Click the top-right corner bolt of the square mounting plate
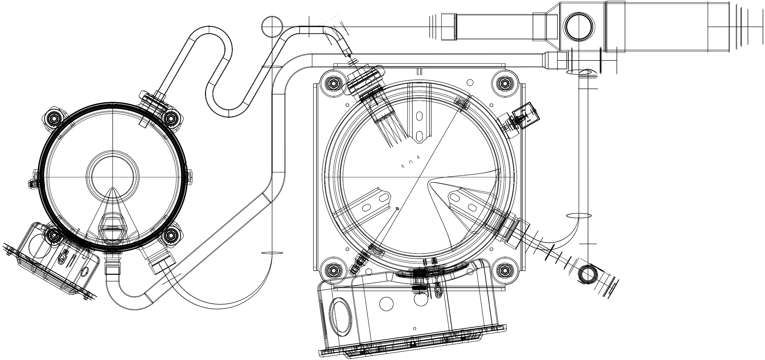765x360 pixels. coord(505,84)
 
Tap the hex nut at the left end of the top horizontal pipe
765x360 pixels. coord(449,27)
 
